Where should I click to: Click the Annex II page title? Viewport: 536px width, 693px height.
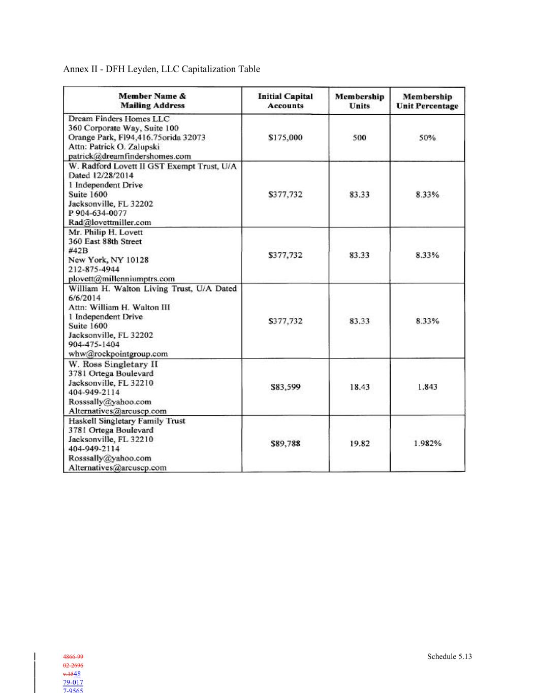pos(162,69)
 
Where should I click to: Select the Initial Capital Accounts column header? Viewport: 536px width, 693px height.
pos(285,101)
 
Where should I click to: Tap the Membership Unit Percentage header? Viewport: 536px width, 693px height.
pos(427,101)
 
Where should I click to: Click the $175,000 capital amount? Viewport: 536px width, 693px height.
pos(285,138)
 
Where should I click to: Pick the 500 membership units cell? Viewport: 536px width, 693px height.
pos(359,138)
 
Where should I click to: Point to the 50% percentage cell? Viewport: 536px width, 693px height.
pos(427,138)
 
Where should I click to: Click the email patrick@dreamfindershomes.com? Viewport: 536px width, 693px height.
pos(130,156)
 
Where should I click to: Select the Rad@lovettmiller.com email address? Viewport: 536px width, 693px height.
pos(110,222)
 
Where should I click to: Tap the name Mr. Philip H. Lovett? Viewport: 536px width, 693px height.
pos(106,232)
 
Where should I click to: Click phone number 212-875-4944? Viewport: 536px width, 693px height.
pos(94,269)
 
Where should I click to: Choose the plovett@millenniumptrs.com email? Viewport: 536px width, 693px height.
pos(121,279)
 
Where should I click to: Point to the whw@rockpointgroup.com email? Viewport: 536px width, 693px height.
pos(118,354)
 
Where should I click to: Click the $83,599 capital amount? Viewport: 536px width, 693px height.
pos(285,387)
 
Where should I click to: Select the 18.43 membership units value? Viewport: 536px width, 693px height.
pos(359,387)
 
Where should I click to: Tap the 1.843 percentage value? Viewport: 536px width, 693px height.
pos(427,387)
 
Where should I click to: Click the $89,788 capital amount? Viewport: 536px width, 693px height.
pos(285,444)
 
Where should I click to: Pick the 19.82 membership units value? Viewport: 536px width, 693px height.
pos(359,444)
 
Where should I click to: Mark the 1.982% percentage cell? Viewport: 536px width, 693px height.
pos(427,444)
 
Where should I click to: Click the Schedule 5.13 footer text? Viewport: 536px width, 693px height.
pos(449,656)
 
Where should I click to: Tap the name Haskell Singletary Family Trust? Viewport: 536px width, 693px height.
pos(127,421)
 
